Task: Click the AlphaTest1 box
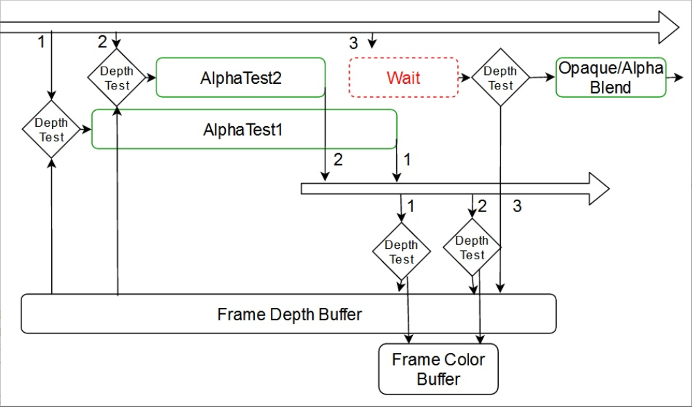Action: [x=244, y=129]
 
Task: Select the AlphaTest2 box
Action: [x=240, y=78]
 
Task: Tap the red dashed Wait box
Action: [x=403, y=77]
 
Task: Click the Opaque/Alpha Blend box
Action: [x=610, y=78]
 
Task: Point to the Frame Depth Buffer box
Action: [x=289, y=314]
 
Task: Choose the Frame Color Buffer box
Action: [x=438, y=369]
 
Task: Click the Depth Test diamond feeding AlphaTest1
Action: [x=51, y=129]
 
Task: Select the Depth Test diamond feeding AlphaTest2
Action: [x=116, y=78]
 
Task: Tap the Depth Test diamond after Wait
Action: [x=500, y=78]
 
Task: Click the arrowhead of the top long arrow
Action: [x=668, y=28]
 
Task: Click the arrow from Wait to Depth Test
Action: [x=465, y=78]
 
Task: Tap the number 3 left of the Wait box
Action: [x=353, y=43]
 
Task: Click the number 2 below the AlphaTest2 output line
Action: [x=338, y=159]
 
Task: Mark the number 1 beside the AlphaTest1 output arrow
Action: [x=407, y=159]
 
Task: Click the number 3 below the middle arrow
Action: [x=517, y=206]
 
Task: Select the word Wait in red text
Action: [x=403, y=77]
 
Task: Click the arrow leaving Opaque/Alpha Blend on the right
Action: [x=673, y=78]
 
